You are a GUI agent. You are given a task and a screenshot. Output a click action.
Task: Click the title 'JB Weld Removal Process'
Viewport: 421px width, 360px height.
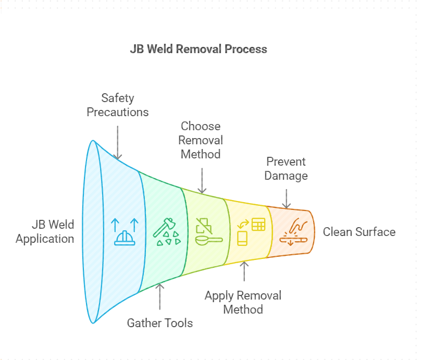[x=198, y=49]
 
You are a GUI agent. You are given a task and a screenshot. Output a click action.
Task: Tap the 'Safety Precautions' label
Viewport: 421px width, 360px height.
[x=117, y=105]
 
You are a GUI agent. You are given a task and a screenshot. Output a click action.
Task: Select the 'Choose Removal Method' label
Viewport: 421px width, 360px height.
[x=201, y=140]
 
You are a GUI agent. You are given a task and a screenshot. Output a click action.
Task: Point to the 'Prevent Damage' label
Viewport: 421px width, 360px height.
[x=286, y=168]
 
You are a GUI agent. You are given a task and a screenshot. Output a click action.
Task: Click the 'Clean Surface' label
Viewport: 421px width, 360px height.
[x=359, y=232]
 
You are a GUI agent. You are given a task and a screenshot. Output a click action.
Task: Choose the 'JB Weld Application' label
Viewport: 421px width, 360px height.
[x=45, y=232]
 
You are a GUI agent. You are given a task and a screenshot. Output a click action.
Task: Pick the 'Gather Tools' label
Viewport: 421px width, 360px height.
[x=159, y=323]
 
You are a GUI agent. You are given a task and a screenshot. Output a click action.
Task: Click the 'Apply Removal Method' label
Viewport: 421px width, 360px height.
[x=243, y=302]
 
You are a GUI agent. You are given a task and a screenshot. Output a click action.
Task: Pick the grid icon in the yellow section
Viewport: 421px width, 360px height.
[x=258, y=225]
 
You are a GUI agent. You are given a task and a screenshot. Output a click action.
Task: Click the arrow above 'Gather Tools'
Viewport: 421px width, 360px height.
[x=159, y=295]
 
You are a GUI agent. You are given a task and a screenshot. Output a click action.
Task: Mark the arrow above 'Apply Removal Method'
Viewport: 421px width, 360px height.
[x=243, y=271]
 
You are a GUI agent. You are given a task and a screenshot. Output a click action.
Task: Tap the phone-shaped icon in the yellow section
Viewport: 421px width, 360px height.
[x=242, y=238]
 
